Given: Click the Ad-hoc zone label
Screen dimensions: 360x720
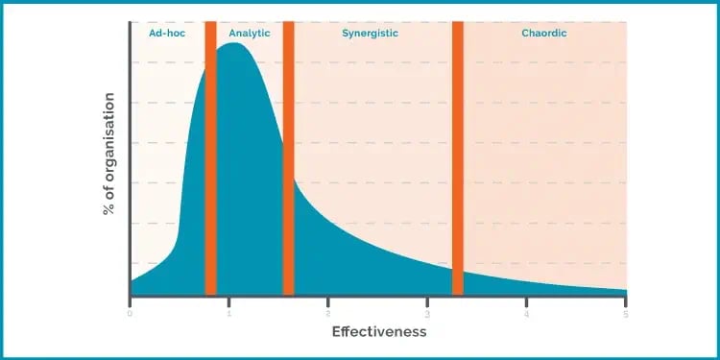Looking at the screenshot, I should pyautogui.click(x=167, y=34).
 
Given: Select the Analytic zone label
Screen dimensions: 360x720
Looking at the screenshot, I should pyautogui.click(x=250, y=34).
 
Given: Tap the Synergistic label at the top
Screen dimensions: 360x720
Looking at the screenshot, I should pyautogui.click(x=370, y=34).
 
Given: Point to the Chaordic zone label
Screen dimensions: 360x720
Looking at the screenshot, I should pyautogui.click(x=544, y=34).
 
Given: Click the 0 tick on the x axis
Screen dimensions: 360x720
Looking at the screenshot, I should pyautogui.click(x=130, y=313).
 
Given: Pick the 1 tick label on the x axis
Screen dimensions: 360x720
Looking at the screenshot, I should pyautogui.click(x=228, y=313).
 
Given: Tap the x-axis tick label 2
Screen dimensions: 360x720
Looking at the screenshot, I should pyautogui.click(x=328, y=313).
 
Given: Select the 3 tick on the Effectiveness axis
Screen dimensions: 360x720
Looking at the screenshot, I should pyautogui.click(x=427, y=313).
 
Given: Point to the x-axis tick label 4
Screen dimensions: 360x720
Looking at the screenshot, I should pyautogui.click(x=527, y=313).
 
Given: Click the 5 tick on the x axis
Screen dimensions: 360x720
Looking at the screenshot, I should pyautogui.click(x=626, y=313).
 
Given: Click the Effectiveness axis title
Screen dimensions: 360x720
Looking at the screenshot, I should pyautogui.click(x=378, y=332).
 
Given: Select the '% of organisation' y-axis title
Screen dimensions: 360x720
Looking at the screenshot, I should pyautogui.click(x=108, y=154).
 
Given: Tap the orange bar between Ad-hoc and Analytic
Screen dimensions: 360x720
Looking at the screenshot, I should pyautogui.click(x=210, y=158).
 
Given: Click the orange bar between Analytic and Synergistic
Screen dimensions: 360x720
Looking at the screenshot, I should pyautogui.click(x=288, y=158).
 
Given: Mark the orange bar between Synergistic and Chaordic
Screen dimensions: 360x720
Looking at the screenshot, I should pyautogui.click(x=458, y=158).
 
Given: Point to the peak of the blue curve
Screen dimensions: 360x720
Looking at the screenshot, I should pyautogui.click(x=232, y=44).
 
